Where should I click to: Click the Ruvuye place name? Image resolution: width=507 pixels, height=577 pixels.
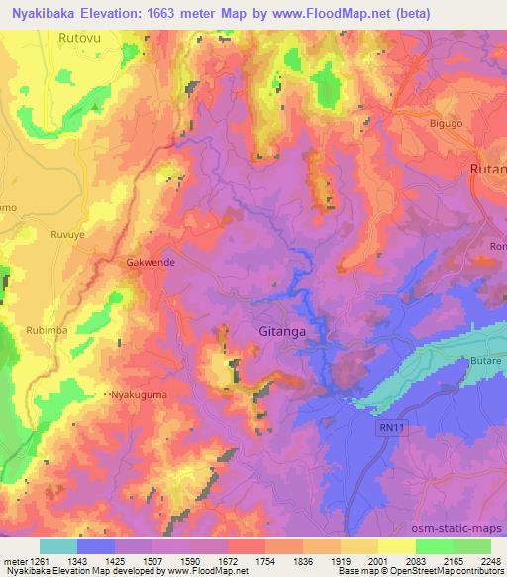tap(69, 235)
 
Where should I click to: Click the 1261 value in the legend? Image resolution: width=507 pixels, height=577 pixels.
tap(38, 562)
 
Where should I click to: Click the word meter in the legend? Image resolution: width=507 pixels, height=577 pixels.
tap(15, 562)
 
